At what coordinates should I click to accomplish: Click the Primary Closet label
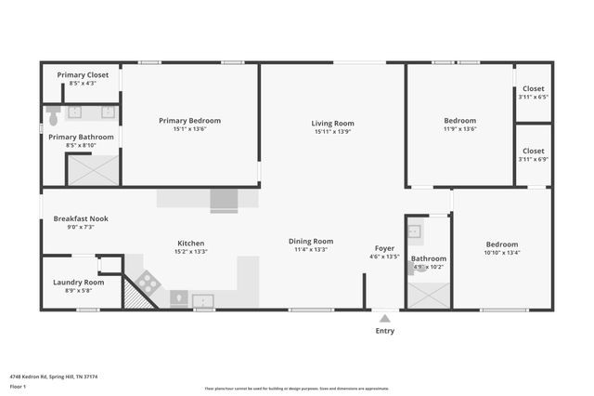pos(83,74)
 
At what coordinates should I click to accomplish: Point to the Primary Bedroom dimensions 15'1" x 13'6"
pos(189,129)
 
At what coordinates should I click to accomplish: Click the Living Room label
pos(332,123)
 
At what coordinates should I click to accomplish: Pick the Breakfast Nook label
pos(81,218)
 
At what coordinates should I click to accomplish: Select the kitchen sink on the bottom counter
pos(202,299)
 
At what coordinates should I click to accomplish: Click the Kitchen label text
pos(191,244)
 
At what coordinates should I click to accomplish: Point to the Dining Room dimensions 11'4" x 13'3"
pos(310,249)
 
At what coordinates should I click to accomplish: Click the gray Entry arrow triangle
pos(384,318)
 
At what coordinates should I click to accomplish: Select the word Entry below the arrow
pos(384,331)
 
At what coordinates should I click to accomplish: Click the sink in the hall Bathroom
pos(415,231)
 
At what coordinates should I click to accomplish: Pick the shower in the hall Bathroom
pos(427,293)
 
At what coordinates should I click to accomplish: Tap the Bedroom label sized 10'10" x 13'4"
pos(502,244)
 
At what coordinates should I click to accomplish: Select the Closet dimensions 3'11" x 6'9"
pos(534,159)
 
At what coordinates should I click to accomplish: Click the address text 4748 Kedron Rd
pos(46,376)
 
